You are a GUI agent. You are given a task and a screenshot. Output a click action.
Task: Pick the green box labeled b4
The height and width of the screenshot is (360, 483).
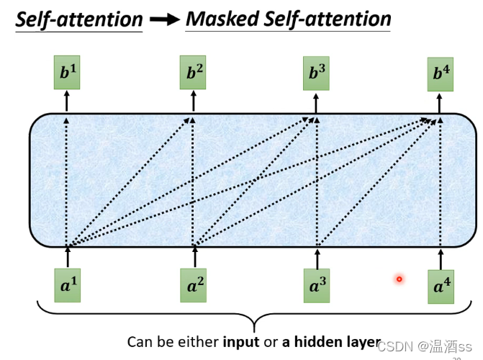pyautogui.click(x=441, y=74)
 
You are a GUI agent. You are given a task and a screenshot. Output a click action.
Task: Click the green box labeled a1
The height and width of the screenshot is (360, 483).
pyautogui.click(x=68, y=286)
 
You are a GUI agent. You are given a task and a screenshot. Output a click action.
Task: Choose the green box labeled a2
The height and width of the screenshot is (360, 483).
pyautogui.click(x=195, y=286)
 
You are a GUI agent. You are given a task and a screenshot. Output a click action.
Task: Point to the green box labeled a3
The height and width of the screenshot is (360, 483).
pyautogui.click(x=317, y=286)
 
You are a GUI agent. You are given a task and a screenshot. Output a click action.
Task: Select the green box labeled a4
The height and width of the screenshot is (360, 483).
pyautogui.click(x=441, y=287)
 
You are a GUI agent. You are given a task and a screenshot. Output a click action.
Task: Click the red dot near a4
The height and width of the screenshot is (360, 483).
pyautogui.click(x=399, y=279)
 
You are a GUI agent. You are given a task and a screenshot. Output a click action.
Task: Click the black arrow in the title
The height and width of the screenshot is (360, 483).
pyautogui.click(x=164, y=20)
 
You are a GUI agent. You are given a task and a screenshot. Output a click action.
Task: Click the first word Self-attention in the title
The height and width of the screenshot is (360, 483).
pyautogui.click(x=79, y=19)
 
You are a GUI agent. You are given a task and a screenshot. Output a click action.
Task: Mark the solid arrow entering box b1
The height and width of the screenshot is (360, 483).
pyautogui.click(x=67, y=102)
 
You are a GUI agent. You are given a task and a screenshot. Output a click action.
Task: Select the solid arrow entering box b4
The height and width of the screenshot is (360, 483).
pyautogui.click(x=441, y=102)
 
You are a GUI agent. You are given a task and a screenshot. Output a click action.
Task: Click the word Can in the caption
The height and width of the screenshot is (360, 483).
pyautogui.click(x=140, y=341)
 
